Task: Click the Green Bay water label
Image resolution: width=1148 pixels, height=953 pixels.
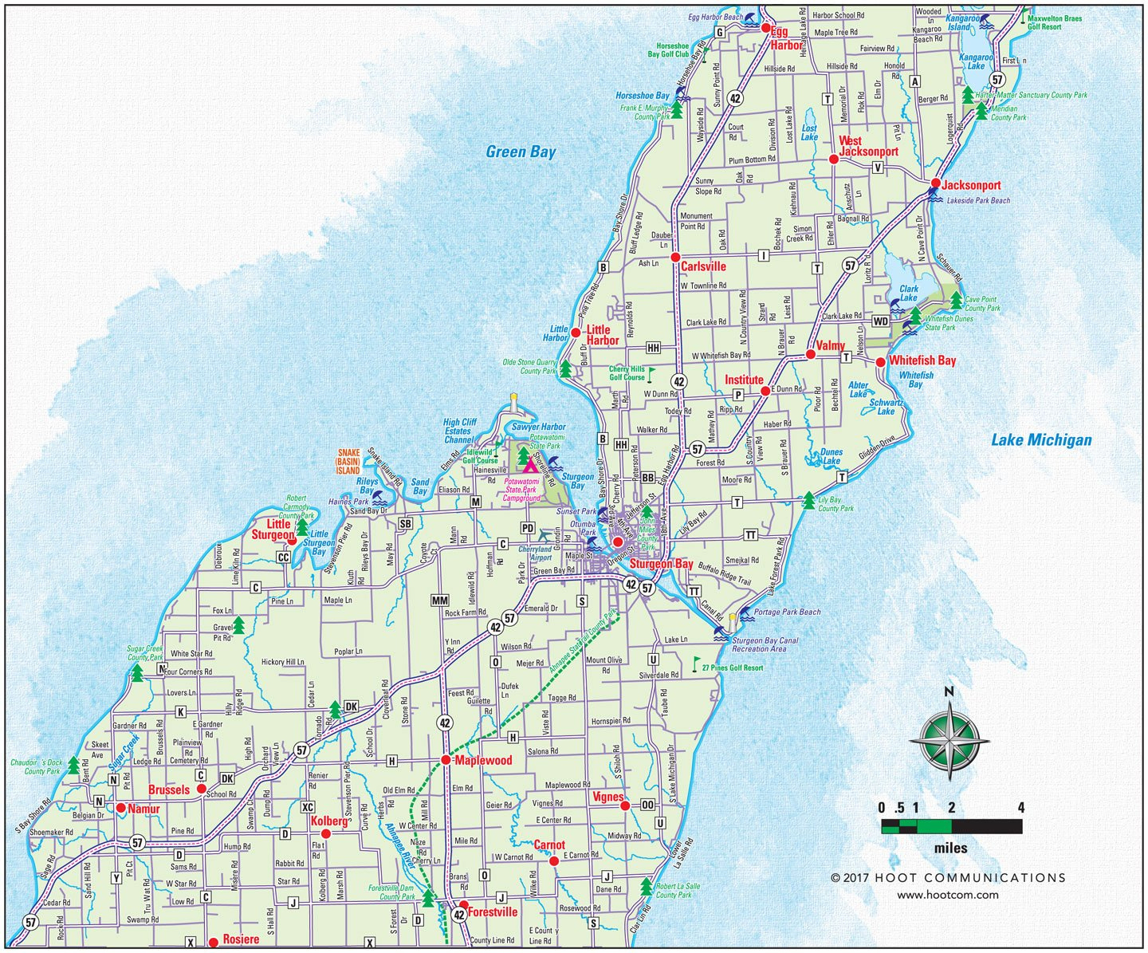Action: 521,152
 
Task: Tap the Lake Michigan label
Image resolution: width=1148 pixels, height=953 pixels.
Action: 1041,439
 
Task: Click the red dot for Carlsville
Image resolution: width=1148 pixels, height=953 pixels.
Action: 674,258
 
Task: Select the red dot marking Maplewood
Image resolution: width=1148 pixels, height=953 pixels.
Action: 446,760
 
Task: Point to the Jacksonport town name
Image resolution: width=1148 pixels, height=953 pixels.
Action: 971,185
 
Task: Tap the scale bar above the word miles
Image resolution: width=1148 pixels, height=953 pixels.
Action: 951,827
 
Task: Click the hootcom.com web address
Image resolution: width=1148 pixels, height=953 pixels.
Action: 947,895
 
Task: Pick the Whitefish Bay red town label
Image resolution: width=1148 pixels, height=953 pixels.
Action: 922,360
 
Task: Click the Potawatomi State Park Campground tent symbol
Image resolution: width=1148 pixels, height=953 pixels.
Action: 530,464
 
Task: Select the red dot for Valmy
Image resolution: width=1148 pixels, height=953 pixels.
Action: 810,354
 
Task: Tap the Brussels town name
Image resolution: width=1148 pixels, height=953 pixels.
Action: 169,790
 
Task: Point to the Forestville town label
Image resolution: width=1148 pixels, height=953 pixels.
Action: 493,912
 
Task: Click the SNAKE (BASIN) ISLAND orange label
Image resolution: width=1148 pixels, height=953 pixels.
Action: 348,462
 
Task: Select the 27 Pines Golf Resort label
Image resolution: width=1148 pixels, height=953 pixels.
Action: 733,667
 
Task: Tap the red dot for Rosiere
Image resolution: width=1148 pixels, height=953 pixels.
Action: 213,942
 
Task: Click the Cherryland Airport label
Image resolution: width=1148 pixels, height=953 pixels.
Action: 535,553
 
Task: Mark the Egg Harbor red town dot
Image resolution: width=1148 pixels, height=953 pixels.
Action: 765,28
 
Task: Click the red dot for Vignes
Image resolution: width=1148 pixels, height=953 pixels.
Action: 625,805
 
